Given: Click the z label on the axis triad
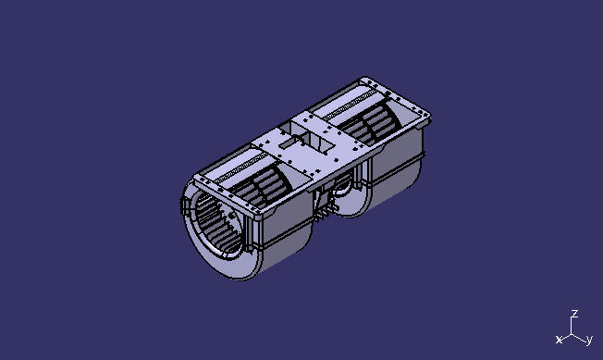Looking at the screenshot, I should pos(574,314).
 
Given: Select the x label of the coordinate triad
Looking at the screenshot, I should pos(559,341).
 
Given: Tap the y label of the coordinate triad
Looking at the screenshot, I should pos(589,340).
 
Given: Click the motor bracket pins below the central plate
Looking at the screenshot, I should pos(326,213).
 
